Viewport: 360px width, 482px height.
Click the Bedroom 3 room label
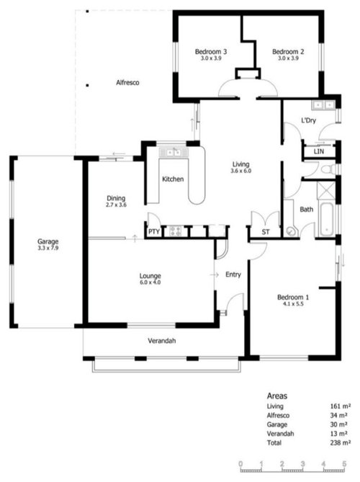(x=211, y=51)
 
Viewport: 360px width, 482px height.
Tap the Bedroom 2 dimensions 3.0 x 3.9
(x=288, y=58)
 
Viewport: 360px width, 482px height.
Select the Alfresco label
(x=127, y=82)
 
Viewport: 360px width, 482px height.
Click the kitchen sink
(x=174, y=153)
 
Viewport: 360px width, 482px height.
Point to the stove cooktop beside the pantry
(x=175, y=231)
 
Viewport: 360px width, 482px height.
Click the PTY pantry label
(x=153, y=231)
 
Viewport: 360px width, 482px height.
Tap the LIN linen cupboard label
(x=319, y=151)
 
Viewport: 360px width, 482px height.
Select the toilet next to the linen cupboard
(x=329, y=169)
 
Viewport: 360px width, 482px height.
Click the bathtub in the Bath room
(x=326, y=219)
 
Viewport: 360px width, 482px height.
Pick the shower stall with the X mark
(x=326, y=191)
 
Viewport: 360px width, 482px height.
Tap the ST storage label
(x=266, y=232)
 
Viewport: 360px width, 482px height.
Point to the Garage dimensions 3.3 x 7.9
(x=48, y=248)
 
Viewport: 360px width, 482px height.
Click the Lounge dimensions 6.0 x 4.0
(x=150, y=282)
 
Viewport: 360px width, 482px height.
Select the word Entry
(x=233, y=275)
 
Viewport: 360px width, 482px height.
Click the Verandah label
(x=162, y=341)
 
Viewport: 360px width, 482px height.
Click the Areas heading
(x=277, y=396)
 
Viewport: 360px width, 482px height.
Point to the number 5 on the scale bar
(x=344, y=464)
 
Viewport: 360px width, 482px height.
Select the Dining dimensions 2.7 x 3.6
(x=116, y=205)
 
